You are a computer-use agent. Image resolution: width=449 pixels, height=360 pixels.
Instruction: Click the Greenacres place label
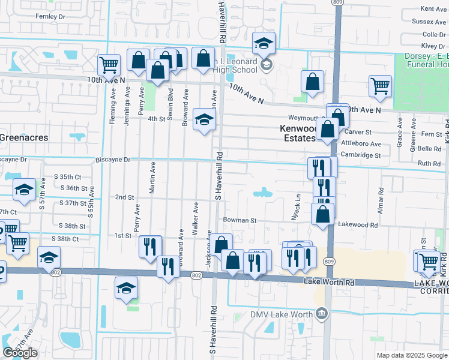click(23, 137)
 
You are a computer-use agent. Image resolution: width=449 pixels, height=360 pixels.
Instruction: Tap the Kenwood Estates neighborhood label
click(298, 133)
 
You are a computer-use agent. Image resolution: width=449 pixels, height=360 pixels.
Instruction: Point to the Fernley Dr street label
click(50, 16)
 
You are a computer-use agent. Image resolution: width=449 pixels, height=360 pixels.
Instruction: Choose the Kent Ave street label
click(433, 8)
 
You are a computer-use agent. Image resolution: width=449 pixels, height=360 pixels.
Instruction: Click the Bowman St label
click(240, 220)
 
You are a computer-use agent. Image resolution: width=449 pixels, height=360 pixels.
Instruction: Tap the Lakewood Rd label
click(358, 224)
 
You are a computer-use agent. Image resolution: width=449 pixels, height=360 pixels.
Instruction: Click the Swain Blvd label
click(170, 106)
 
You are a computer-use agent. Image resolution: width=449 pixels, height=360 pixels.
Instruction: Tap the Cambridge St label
click(361, 155)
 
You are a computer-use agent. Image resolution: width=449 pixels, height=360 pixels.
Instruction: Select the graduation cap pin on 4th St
click(204, 119)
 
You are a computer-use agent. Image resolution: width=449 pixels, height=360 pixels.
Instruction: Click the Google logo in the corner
click(20, 353)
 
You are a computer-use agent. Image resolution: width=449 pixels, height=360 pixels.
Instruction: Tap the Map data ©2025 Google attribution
click(412, 355)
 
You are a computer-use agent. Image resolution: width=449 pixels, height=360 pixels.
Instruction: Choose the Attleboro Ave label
click(361, 144)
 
